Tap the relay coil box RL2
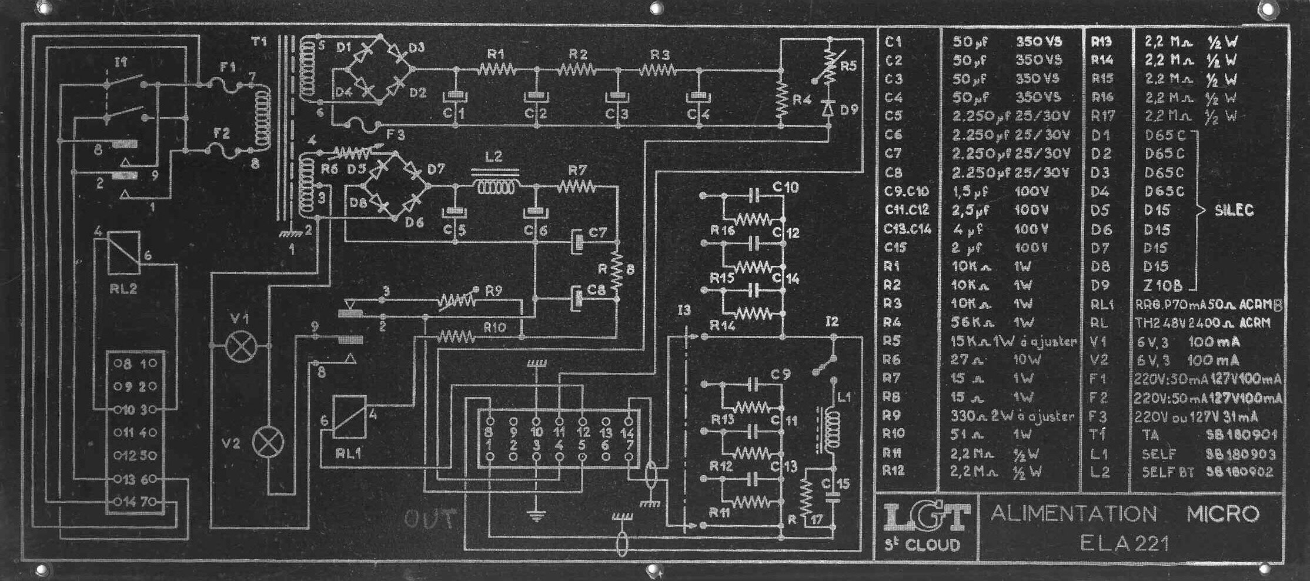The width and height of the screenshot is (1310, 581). click(123, 252)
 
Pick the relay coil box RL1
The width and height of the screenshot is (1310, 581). click(349, 416)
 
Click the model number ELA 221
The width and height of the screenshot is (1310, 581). click(1124, 543)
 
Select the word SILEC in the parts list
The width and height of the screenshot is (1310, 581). click(1234, 211)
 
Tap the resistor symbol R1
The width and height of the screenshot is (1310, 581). click(497, 70)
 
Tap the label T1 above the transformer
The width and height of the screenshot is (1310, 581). click(259, 42)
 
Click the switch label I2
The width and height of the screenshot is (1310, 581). click(831, 321)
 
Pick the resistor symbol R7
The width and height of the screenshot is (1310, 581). click(576, 187)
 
